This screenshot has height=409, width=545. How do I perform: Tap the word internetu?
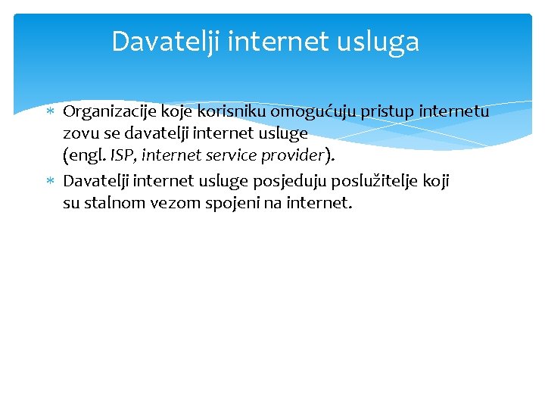click(452, 112)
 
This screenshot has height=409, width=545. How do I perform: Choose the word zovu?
click(78, 133)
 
